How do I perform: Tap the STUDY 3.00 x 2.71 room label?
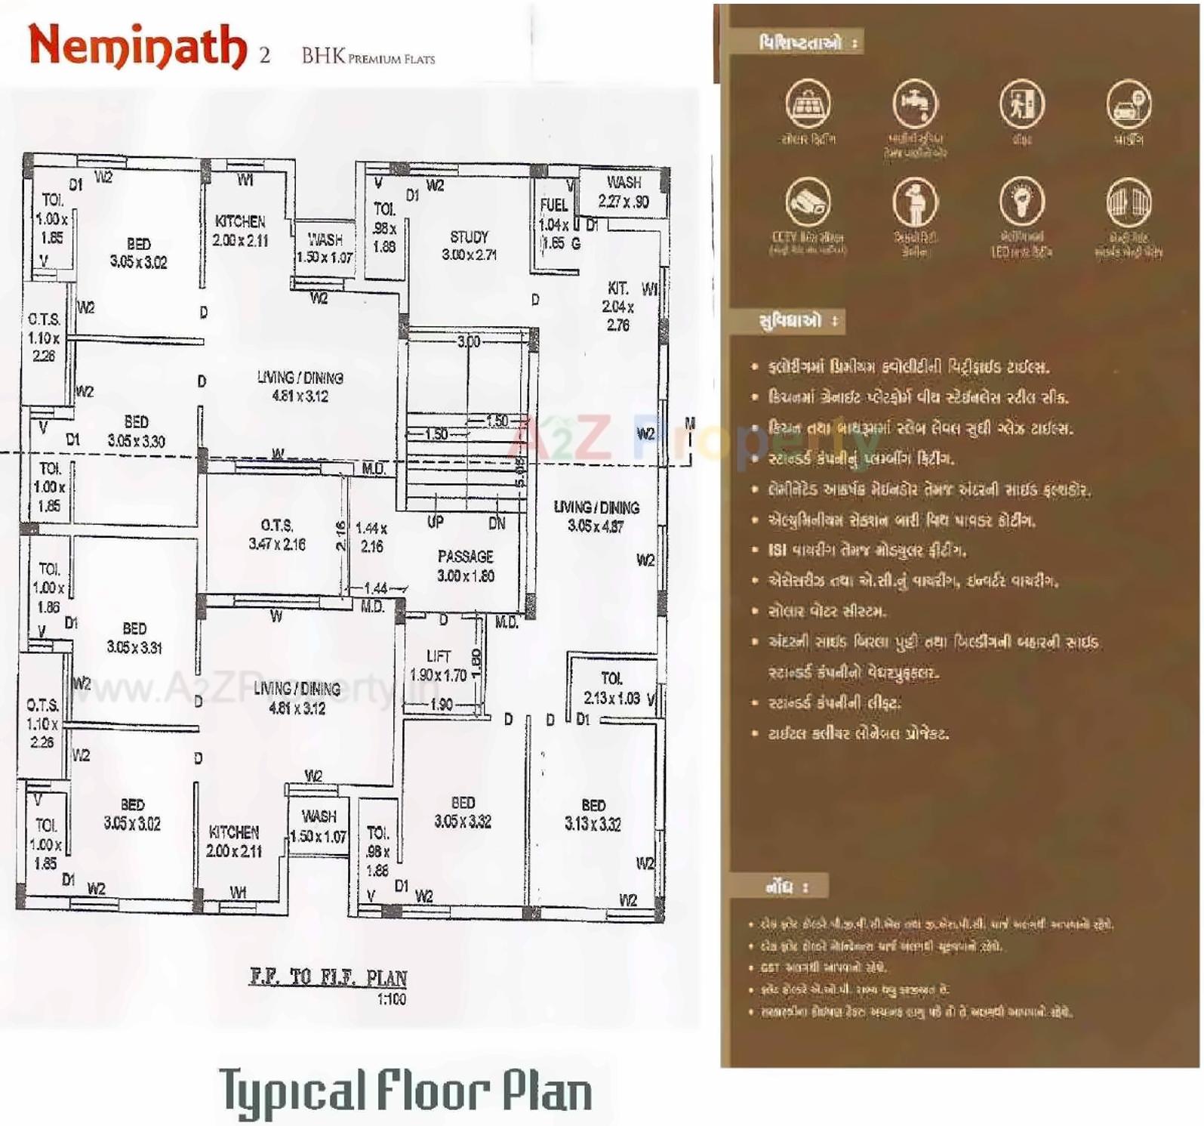pyautogui.click(x=469, y=245)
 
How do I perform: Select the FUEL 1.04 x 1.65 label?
pyautogui.click(x=555, y=224)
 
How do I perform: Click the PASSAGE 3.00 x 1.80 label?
pyautogui.click(x=465, y=566)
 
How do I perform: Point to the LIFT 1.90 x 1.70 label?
pyautogui.click(x=439, y=665)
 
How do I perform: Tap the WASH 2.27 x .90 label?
pyautogui.click(x=624, y=192)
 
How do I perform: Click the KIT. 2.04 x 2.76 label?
pyautogui.click(x=618, y=306)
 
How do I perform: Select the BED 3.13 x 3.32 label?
pyautogui.click(x=593, y=815)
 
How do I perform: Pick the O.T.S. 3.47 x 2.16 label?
pyautogui.click(x=277, y=534)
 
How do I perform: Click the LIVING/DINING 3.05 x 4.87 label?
pyautogui.click(x=596, y=517)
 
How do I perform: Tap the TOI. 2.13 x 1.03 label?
pyautogui.click(x=612, y=688)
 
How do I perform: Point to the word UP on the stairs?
pyautogui.click(x=436, y=522)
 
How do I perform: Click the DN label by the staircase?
pyautogui.click(x=497, y=523)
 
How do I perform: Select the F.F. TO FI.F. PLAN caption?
pyautogui.click(x=328, y=977)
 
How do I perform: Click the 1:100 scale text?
pyautogui.click(x=392, y=999)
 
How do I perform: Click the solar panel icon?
pyautogui.click(x=808, y=104)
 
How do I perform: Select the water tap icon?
pyautogui.click(x=915, y=104)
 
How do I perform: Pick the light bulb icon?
pyautogui.click(x=1021, y=201)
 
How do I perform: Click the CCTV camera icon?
pyautogui.click(x=808, y=201)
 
